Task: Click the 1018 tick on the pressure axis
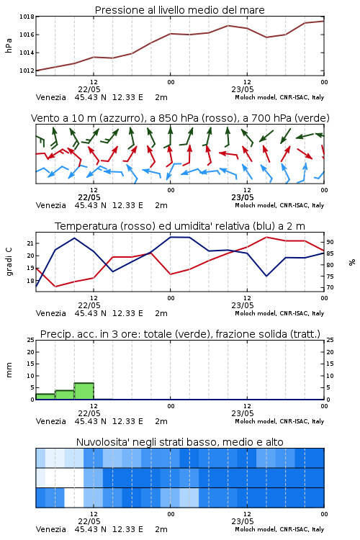pyautogui.click(x=27, y=17)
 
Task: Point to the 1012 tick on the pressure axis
pyautogui.click(x=27, y=71)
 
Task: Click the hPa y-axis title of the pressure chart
pyautogui.click(x=9, y=45)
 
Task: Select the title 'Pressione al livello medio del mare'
pyautogui.click(x=180, y=10)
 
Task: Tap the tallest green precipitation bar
pyautogui.click(x=84, y=391)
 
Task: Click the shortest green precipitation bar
pyautogui.click(x=45, y=397)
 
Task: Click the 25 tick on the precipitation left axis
pyautogui.click(x=31, y=340)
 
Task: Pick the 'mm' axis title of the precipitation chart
pyautogui.click(x=9, y=370)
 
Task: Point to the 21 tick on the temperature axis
pyautogui.click(x=31, y=243)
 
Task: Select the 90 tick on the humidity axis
pyautogui.click(x=330, y=242)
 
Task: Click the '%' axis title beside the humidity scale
pyautogui.click(x=352, y=262)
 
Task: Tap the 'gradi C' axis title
pyautogui.click(x=9, y=262)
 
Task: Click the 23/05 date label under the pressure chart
pyautogui.click(x=243, y=89)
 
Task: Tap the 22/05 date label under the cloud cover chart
pyautogui.click(x=89, y=521)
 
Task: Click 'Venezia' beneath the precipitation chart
pyautogui.click(x=51, y=421)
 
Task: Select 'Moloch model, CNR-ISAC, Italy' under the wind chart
pyautogui.click(x=279, y=205)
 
